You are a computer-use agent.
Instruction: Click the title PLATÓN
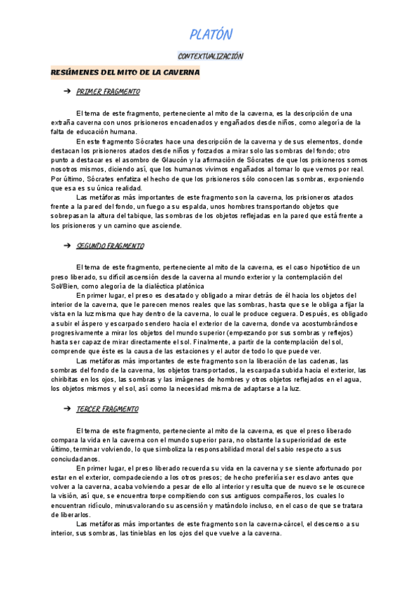point(210,34)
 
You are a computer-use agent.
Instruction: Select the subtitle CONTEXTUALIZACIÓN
point(210,55)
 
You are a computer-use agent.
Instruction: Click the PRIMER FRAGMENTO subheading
point(118,92)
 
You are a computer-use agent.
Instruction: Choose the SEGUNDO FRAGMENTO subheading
point(120,246)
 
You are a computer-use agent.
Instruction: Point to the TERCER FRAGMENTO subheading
point(117,408)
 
